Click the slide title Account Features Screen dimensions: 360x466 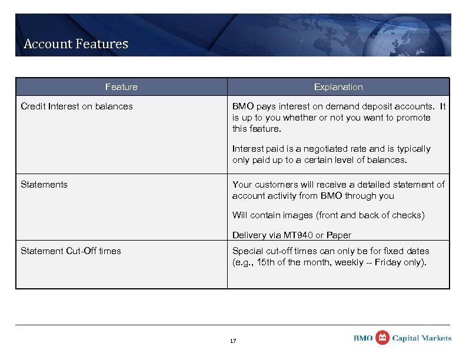point(75,44)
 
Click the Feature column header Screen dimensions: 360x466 point(121,87)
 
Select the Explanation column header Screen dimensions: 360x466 point(338,87)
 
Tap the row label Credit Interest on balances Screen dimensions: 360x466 point(76,106)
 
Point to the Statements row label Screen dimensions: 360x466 point(44,185)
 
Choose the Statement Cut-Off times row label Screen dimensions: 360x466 point(71,251)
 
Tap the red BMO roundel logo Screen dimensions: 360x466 point(382,337)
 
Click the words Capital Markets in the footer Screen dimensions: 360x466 point(422,338)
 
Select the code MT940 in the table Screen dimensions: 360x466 point(298,235)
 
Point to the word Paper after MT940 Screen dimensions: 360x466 point(338,235)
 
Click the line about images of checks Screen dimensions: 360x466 point(328,215)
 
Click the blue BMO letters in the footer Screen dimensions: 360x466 point(362,338)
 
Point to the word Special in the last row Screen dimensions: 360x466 point(248,251)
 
